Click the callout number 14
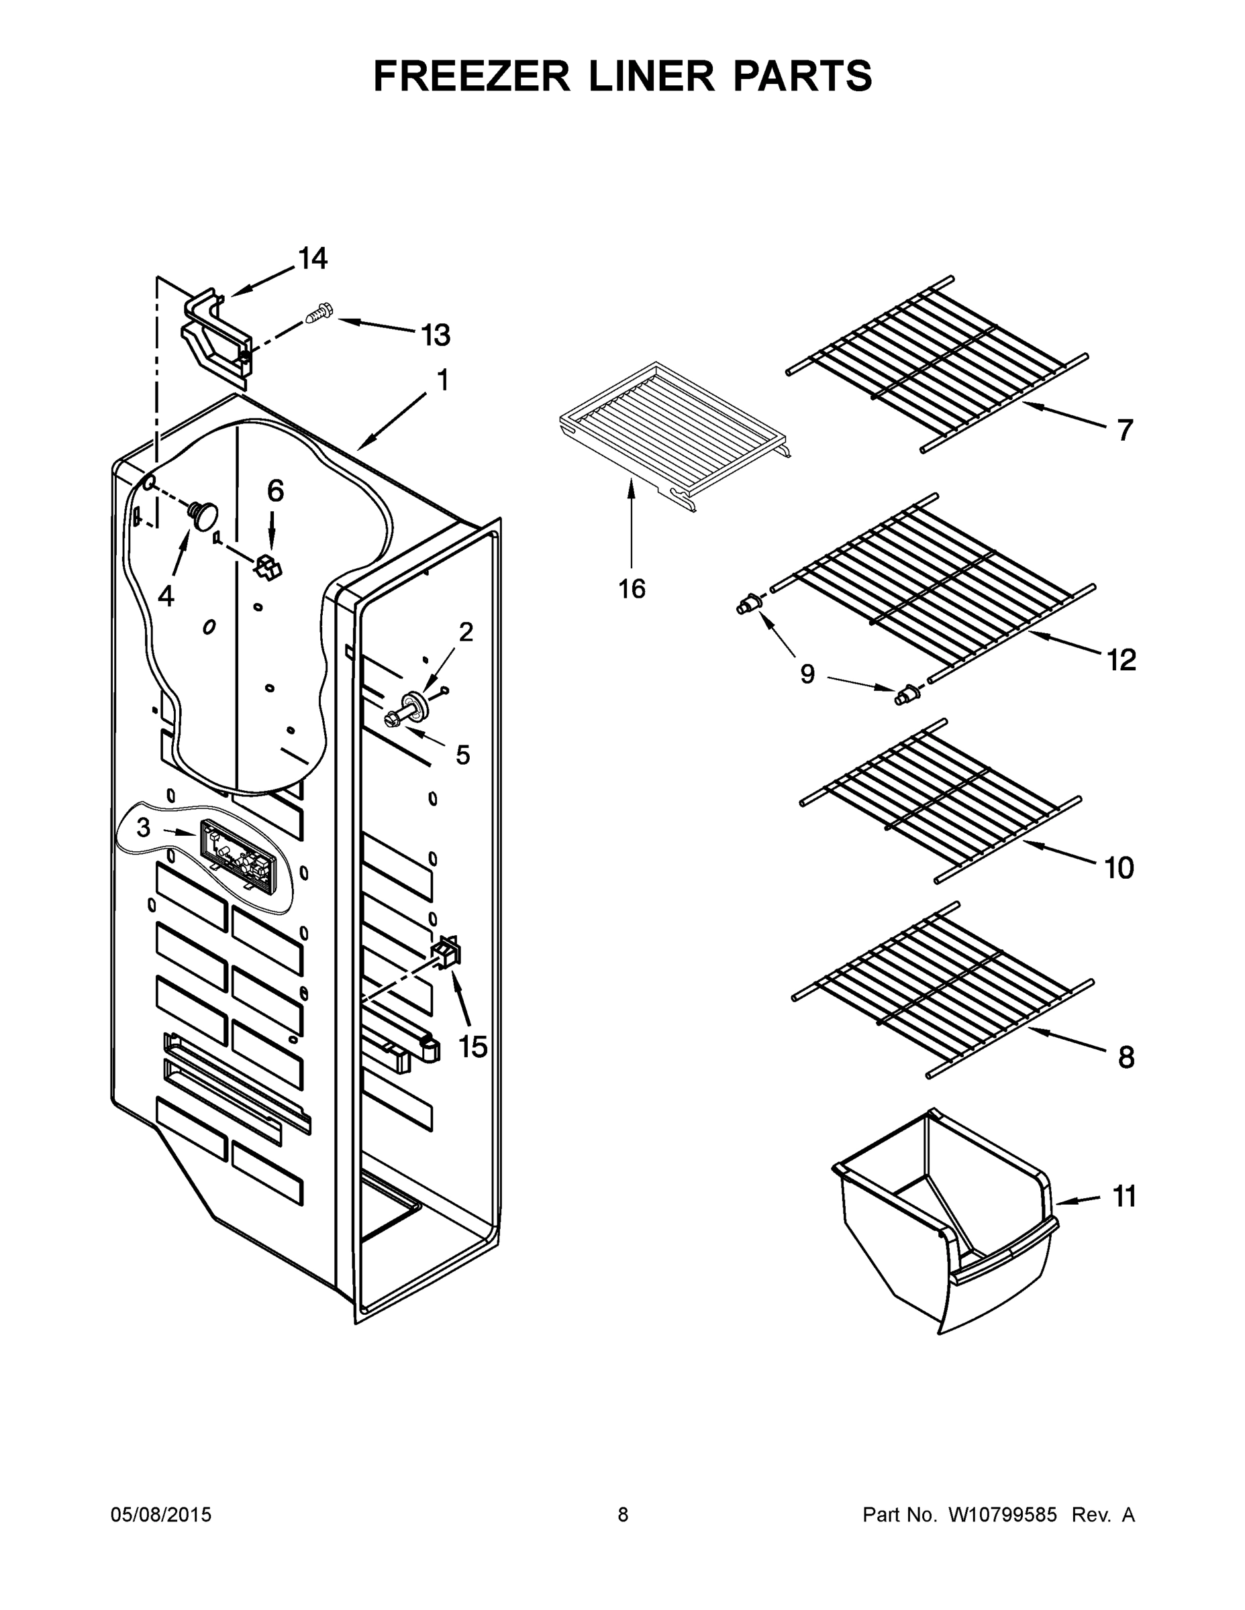point(313,259)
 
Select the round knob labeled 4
point(203,512)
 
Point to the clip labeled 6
point(268,567)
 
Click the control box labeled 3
point(234,853)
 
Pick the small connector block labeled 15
point(447,953)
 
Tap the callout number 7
point(1124,430)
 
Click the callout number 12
point(1121,660)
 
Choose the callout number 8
point(1126,1058)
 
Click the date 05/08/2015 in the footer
point(161,1515)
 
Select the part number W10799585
point(1002,1515)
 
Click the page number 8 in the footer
point(623,1515)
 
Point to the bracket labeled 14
point(214,335)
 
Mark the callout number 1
point(442,380)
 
